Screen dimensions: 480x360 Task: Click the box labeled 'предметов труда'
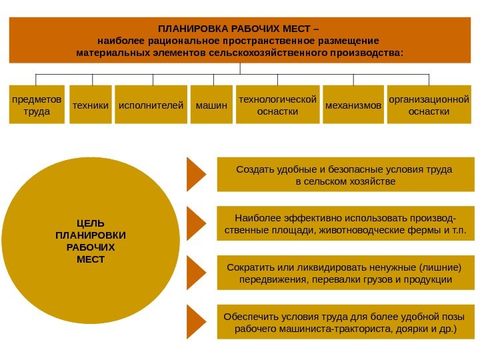36,105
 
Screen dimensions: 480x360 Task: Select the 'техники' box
90,105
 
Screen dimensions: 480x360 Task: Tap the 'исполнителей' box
151,105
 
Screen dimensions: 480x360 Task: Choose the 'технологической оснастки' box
277,105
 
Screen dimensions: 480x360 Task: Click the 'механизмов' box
353,105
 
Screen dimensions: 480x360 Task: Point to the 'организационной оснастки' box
429,105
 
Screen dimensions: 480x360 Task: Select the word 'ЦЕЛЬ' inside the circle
91,223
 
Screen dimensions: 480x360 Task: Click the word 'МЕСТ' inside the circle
91,259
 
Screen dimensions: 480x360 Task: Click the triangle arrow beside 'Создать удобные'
195,173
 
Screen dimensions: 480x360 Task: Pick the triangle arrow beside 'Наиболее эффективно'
195,223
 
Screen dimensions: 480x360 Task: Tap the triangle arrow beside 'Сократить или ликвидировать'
195,272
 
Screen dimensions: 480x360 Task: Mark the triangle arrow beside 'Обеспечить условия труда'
195,321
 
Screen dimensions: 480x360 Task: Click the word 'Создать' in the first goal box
253,169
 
